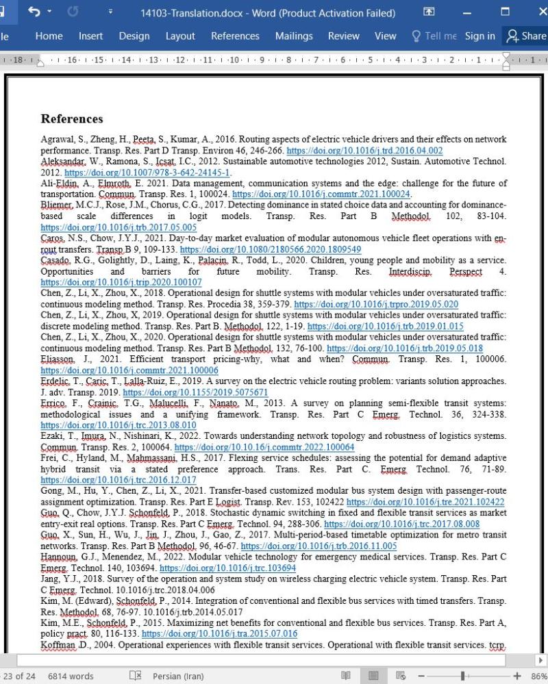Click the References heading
(x=72, y=118)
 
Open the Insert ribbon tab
(x=90, y=36)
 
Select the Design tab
(x=134, y=36)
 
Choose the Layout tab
(x=180, y=36)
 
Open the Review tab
(x=343, y=36)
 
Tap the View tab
(x=385, y=36)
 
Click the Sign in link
(x=480, y=36)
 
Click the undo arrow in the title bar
(x=33, y=12)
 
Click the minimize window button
(x=467, y=12)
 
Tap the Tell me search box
(x=434, y=36)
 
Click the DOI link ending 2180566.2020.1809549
(x=270, y=249)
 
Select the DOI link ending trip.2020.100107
(x=121, y=282)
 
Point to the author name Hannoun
(x=61, y=557)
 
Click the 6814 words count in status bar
(x=71, y=676)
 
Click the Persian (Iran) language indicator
(x=178, y=676)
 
